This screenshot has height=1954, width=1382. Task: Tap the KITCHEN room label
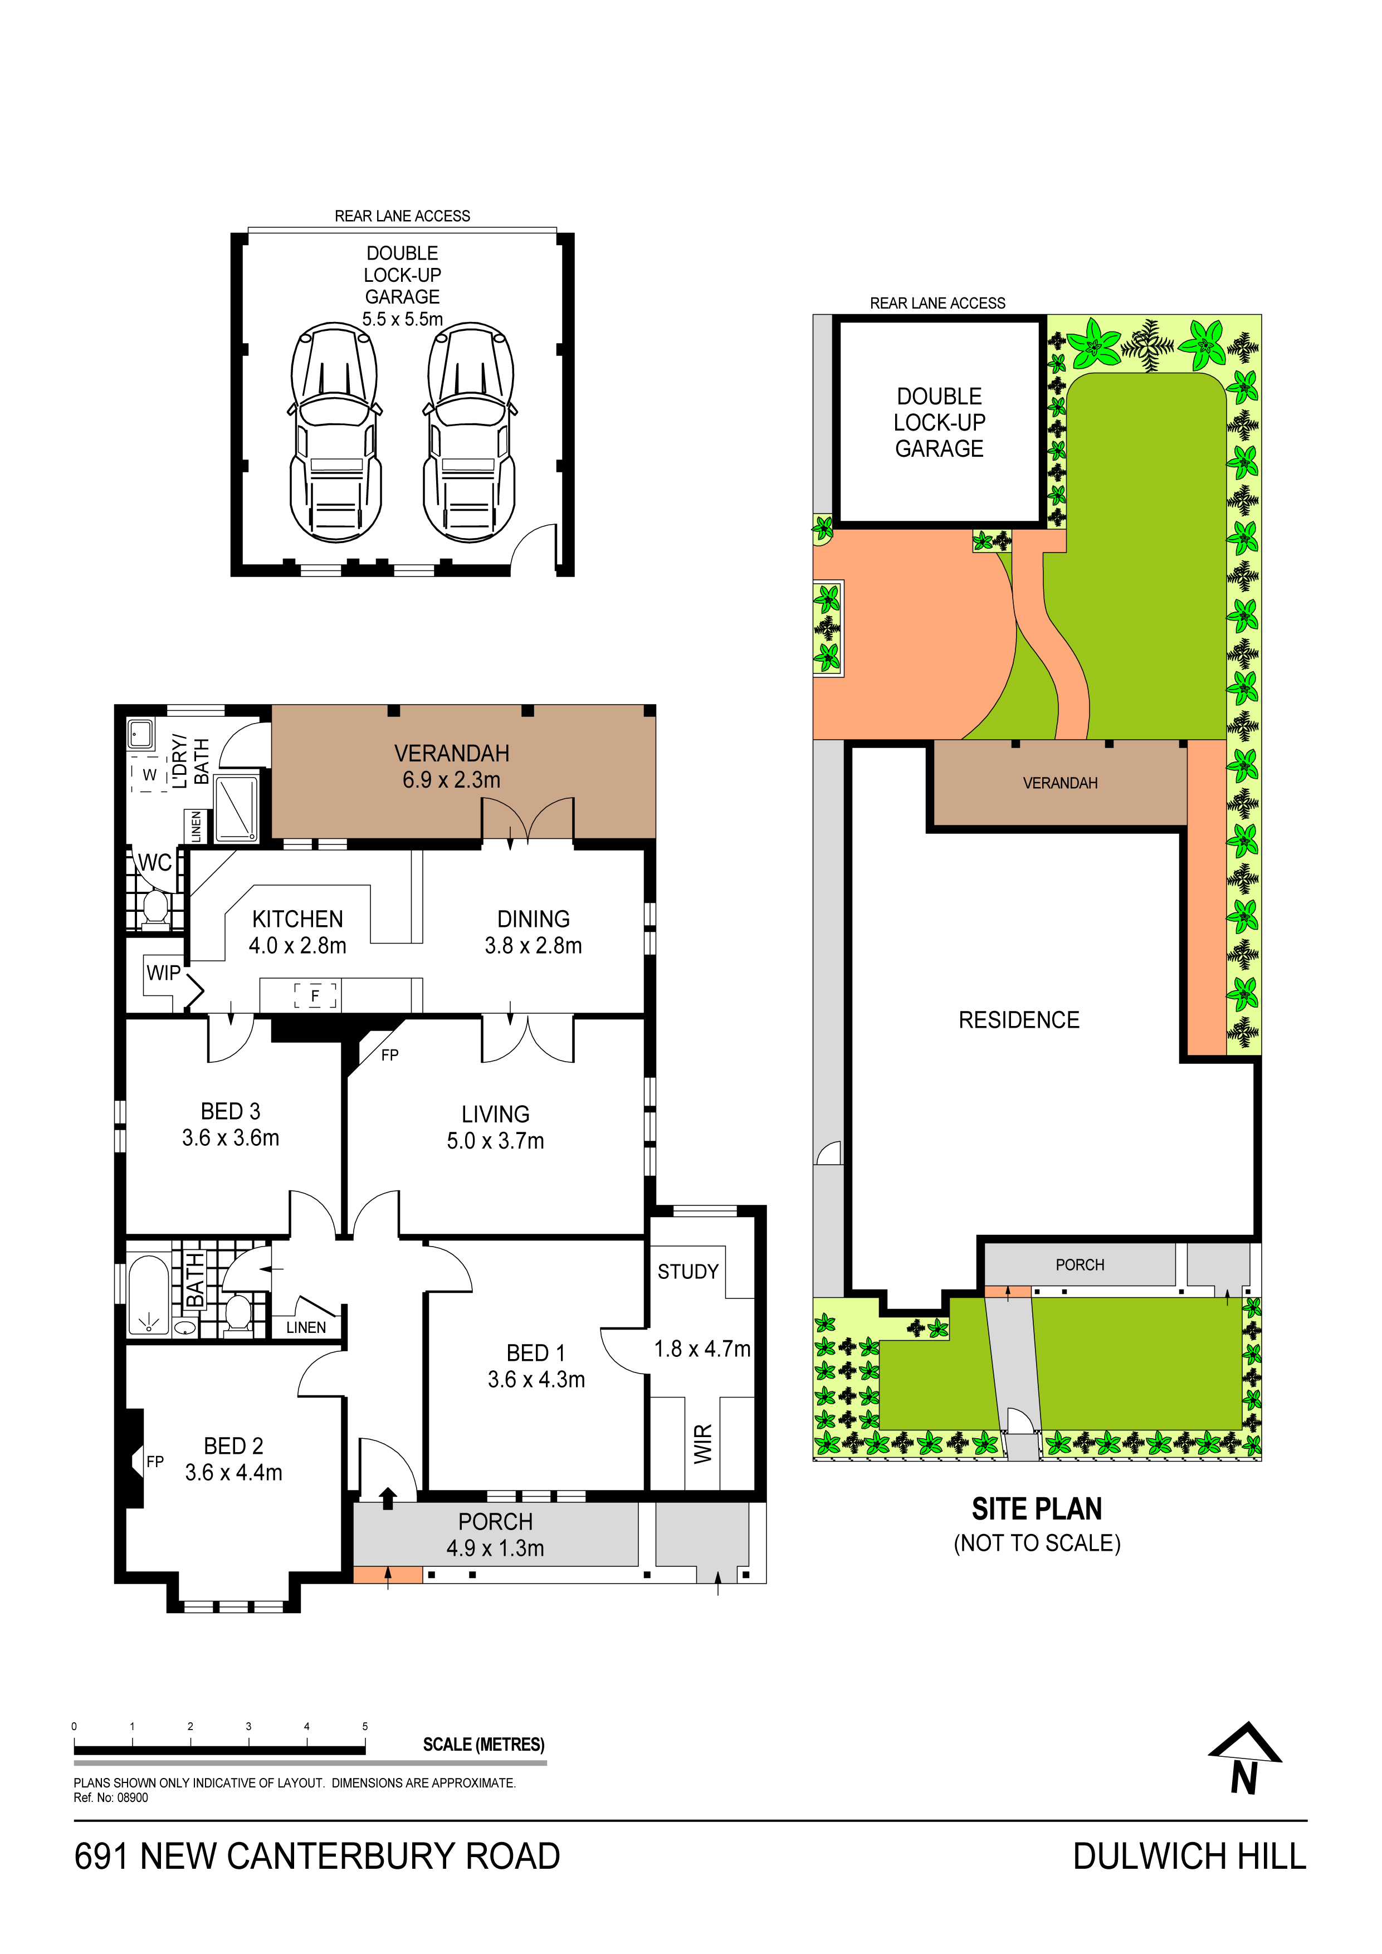pyautogui.click(x=298, y=919)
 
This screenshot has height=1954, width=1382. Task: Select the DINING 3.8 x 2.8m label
pyautogui.click(x=534, y=932)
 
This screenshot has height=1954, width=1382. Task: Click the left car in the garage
pyautogui.click(x=336, y=432)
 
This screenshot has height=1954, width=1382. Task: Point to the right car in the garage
pyautogui.click(x=470, y=432)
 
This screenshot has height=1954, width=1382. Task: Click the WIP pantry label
pyautogui.click(x=163, y=973)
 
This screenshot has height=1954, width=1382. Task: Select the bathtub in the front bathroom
pyautogui.click(x=149, y=1294)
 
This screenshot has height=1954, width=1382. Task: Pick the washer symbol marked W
pyautogui.click(x=150, y=774)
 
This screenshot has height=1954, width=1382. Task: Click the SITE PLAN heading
pyautogui.click(x=1037, y=1509)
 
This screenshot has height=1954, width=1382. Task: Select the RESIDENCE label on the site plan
pyautogui.click(x=1019, y=1019)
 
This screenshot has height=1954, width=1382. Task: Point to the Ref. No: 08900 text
pyautogui.click(x=111, y=1797)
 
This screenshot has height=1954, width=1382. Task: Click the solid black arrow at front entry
pyautogui.click(x=388, y=1498)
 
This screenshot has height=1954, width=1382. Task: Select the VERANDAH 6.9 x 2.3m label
pyautogui.click(x=452, y=766)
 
